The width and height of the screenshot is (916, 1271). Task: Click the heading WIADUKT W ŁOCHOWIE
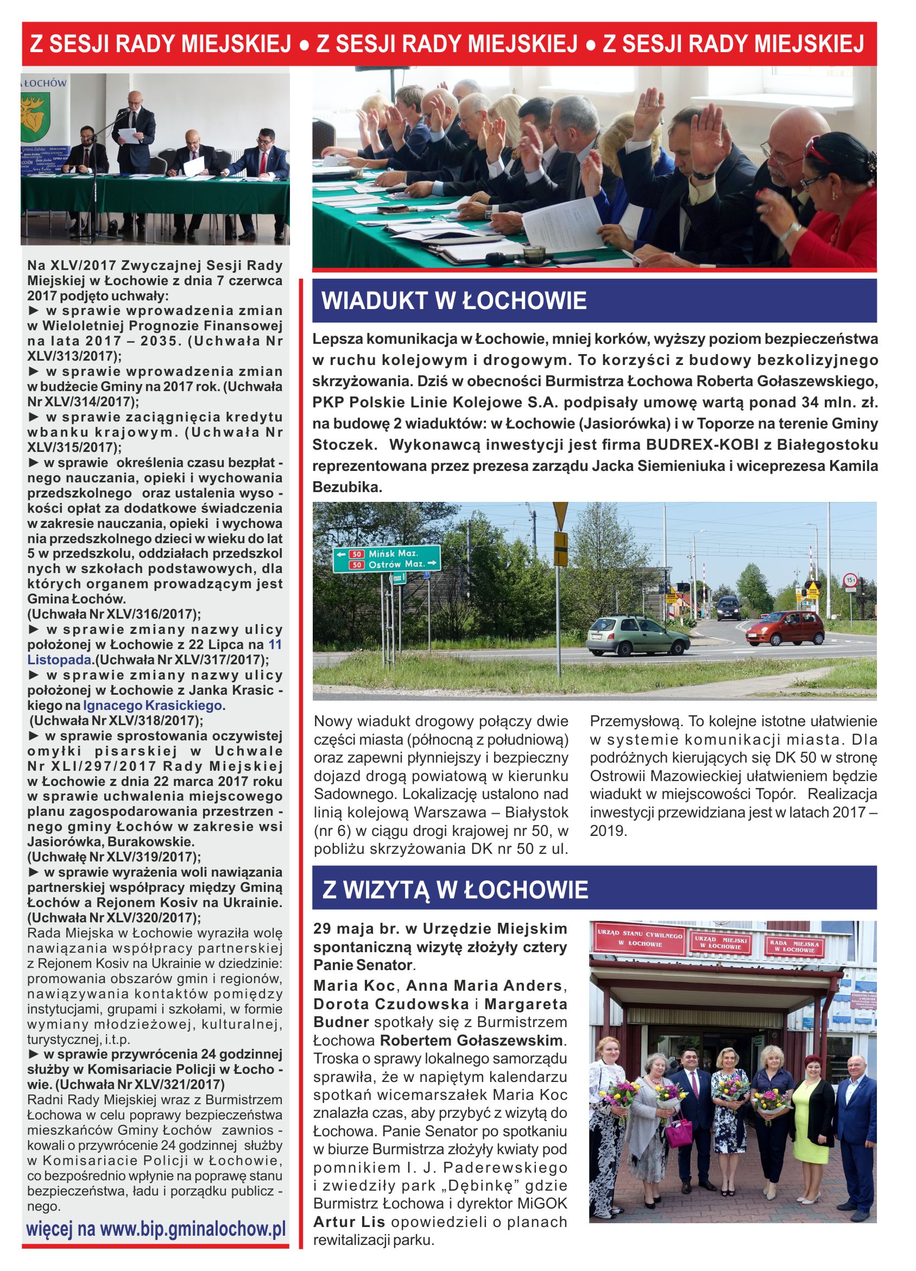click(454, 301)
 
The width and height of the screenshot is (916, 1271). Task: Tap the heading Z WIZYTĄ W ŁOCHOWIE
click(455, 890)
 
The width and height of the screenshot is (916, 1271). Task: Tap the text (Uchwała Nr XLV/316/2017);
click(113, 614)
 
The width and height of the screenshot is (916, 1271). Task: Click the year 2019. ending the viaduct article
click(609, 830)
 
